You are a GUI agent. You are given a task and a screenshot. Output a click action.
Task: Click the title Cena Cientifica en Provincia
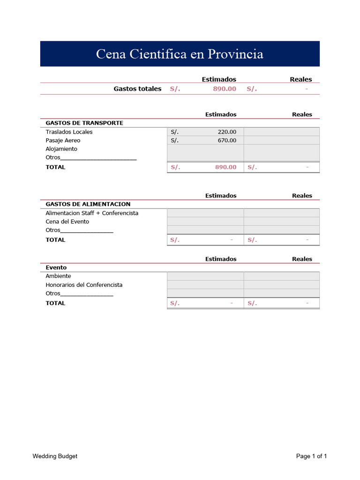pyautogui.click(x=180, y=54)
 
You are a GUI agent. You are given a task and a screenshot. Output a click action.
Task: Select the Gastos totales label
pyautogui.click(x=137, y=89)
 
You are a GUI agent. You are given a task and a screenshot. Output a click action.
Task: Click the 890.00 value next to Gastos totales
pyautogui.click(x=225, y=89)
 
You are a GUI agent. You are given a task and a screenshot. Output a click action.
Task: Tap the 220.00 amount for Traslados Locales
pyautogui.click(x=227, y=132)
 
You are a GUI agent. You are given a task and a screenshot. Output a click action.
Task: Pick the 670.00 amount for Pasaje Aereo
pyautogui.click(x=227, y=140)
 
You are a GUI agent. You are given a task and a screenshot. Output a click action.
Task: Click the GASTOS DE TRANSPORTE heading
pyautogui.click(x=84, y=123)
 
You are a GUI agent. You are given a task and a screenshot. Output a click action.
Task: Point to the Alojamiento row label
pyautogui.click(x=61, y=149)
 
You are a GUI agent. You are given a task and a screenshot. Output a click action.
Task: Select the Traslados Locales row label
pyautogui.click(x=69, y=132)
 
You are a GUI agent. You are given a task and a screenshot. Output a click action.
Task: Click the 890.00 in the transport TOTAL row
pyautogui.click(x=225, y=167)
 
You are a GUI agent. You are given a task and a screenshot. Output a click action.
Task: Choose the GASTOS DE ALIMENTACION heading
pyautogui.click(x=88, y=204)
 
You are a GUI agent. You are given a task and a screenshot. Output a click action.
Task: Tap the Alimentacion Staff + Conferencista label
pyautogui.click(x=92, y=213)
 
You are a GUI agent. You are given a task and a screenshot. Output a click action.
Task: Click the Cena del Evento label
pyautogui.click(x=67, y=221)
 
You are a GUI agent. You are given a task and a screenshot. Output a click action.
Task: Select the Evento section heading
pyautogui.click(x=56, y=267)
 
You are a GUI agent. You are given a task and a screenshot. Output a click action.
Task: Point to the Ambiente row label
pyautogui.click(x=58, y=276)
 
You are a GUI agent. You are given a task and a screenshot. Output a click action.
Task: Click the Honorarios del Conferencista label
pyautogui.click(x=84, y=285)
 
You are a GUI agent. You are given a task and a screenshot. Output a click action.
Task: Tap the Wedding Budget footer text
pyautogui.click(x=55, y=456)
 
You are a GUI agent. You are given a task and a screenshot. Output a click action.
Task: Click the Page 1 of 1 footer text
pyautogui.click(x=311, y=456)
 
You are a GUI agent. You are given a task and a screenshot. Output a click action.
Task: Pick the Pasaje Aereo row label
pyautogui.click(x=63, y=140)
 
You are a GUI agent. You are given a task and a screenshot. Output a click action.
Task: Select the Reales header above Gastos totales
pyautogui.click(x=300, y=79)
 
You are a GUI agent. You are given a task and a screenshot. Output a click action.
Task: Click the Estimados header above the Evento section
pyautogui.click(x=221, y=259)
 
